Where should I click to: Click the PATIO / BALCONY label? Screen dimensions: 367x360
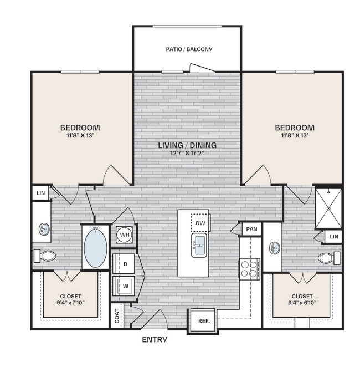pos(189,49)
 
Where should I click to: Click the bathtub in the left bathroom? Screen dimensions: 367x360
pos(96,246)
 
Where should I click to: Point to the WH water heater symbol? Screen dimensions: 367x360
pos(125,234)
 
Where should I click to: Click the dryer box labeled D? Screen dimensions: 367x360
pos(125,264)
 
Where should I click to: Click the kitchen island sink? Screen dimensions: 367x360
pos(199,244)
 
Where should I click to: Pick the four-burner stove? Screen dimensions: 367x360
pos(249,268)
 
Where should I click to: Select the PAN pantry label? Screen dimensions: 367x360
pos(251,228)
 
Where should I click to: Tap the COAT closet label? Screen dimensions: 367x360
pos(117,316)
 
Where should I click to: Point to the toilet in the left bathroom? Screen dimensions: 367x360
pos(45,256)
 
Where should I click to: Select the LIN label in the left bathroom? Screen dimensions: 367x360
pos(40,192)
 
